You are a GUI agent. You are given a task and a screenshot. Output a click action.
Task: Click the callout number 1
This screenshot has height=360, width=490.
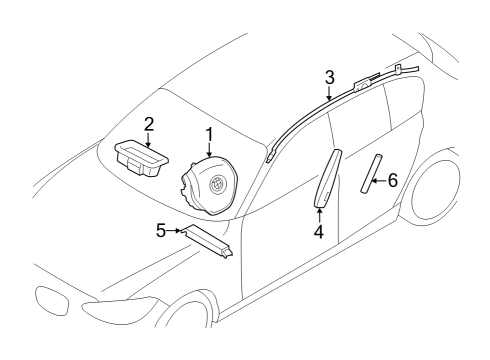point(209,133)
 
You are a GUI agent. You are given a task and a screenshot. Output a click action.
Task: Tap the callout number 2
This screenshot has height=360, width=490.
point(148,124)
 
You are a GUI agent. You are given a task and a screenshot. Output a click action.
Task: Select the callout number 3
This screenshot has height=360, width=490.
point(330,76)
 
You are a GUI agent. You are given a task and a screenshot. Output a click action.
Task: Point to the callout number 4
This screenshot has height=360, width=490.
point(318,232)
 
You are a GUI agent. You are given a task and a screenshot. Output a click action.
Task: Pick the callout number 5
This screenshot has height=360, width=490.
point(161,229)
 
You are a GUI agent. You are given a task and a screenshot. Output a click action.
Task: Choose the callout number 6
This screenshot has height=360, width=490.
point(393,180)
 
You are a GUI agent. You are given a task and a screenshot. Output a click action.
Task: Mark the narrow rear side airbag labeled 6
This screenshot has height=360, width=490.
point(374,173)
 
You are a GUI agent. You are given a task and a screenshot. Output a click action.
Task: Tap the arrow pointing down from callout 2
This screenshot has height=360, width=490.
point(148,139)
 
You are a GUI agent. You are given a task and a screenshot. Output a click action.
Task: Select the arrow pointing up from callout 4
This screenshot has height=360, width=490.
point(318,214)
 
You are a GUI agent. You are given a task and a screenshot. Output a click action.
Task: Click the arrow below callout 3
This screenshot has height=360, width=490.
point(330,93)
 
